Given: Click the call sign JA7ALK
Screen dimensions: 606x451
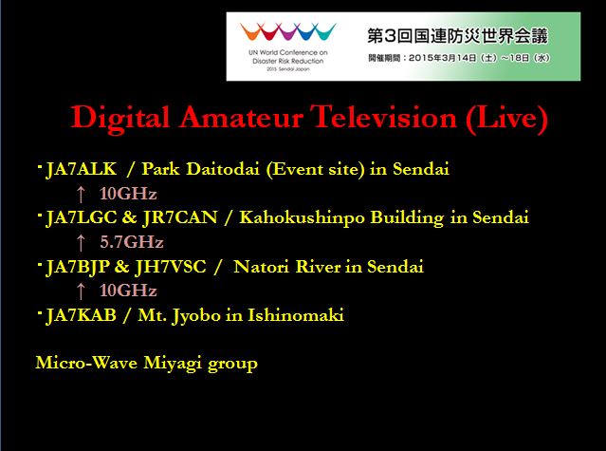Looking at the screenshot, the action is tap(82, 169).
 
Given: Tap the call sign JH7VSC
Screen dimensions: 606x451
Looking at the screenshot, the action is tap(171, 267).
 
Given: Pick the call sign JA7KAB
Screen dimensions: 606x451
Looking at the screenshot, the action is tap(81, 315).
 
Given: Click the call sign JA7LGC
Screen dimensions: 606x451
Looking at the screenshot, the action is tap(82, 217).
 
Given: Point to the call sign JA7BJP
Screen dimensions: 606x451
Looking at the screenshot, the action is tap(78, 267).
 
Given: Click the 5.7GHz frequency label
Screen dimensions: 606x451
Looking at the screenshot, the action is tap(132, 242).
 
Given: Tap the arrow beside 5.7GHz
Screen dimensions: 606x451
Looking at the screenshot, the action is tap(81, 243).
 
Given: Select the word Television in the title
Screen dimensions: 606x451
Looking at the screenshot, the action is tap(383, 117).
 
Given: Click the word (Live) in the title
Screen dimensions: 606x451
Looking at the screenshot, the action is tap(506, 118).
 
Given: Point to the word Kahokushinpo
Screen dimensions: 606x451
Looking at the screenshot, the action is tap(302, 217).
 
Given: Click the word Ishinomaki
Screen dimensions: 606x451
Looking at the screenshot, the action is tap(296, 315).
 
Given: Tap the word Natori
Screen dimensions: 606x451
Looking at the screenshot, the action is tap(261, 267).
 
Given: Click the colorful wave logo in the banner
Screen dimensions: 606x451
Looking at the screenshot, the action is tap(288, 31).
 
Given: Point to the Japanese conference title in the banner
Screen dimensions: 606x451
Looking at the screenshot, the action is tap(458, 36).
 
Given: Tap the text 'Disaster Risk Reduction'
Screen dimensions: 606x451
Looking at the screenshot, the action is tap(288, 61).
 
